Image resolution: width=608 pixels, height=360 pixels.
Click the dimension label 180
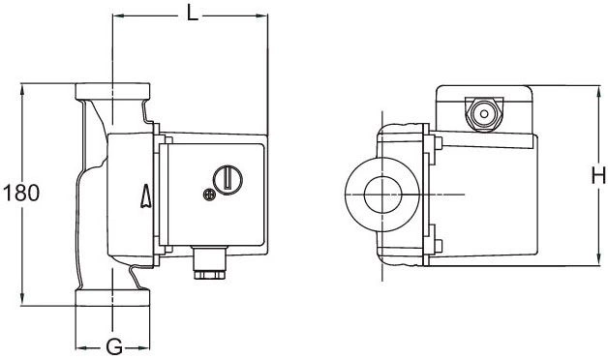pos(21,193)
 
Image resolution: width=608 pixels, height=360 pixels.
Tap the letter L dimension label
pos(193,14)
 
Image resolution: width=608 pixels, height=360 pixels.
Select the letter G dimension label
pos(114,346)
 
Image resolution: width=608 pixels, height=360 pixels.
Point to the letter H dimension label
pos(598,176)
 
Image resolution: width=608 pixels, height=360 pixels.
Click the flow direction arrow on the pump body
pos(146,196)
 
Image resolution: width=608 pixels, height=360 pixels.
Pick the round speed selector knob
pos(228,180)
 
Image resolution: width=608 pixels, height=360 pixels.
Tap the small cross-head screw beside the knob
pos(209,195)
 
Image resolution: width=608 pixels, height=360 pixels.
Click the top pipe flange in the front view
pos(112,91)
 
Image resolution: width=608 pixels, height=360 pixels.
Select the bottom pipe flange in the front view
pos(112,298)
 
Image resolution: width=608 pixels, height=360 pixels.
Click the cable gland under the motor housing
pos(209,263)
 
